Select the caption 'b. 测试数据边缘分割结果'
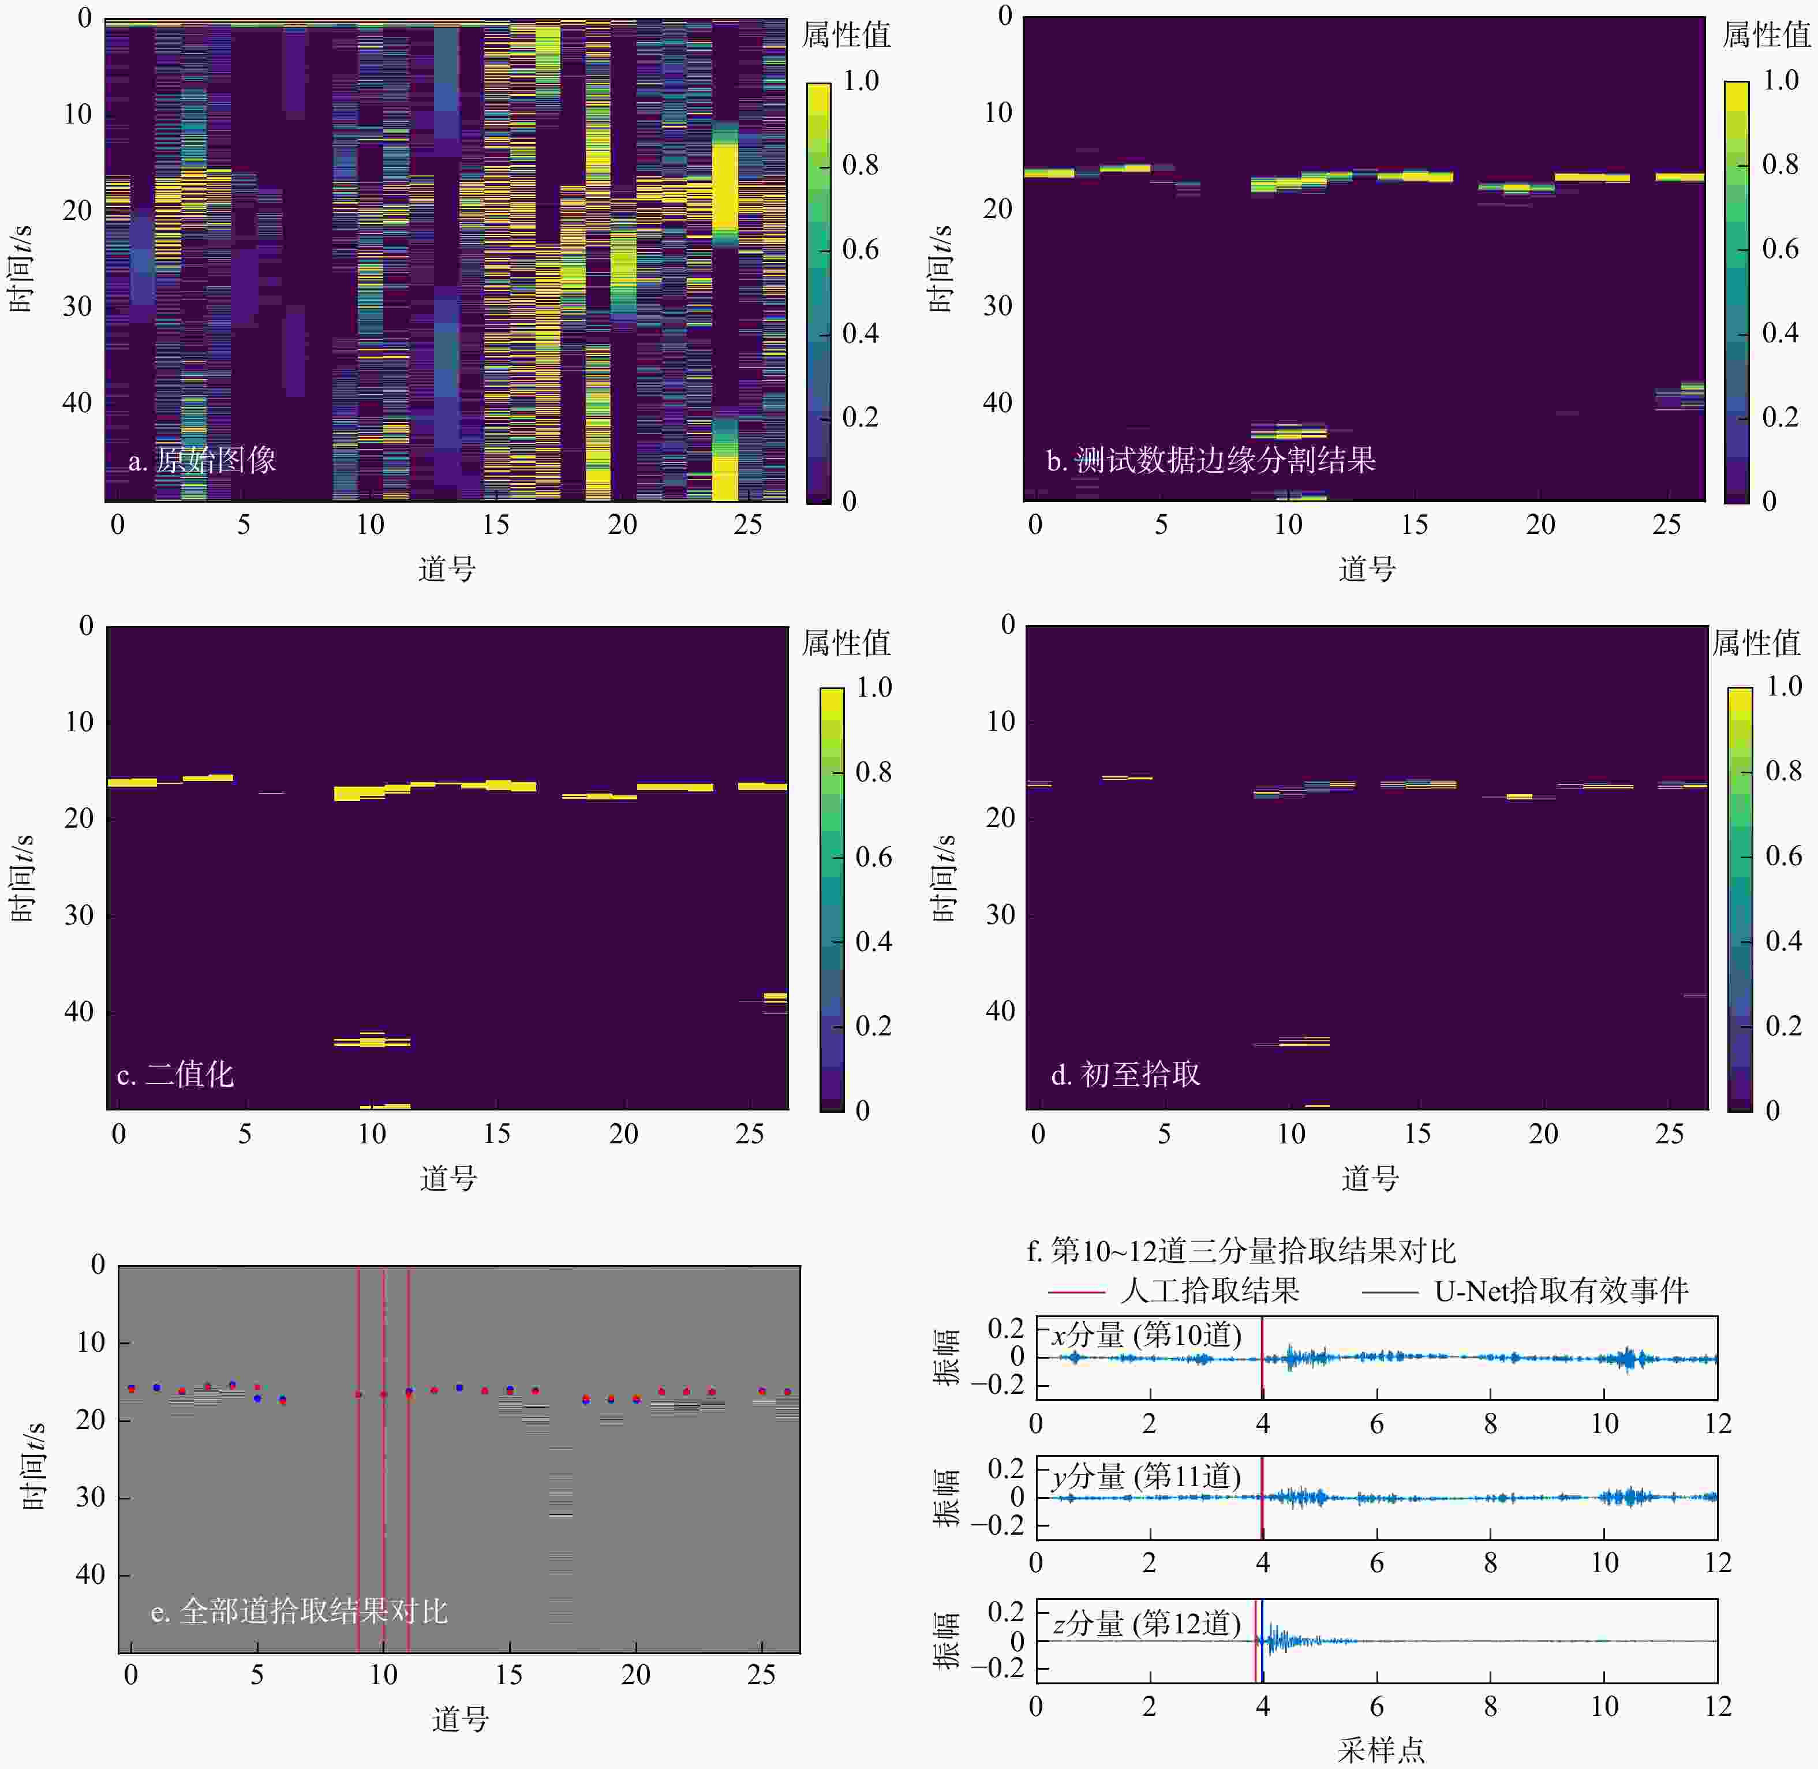pyautogui.click(x=1210, y=460)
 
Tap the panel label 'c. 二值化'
pyautogui.click(x=175, y=1075)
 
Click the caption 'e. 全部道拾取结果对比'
pyautogui.click(x=299, y=1610)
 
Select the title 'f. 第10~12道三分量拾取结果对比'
pyautogui.click(x=1240, y=1251)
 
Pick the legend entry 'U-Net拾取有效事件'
pyautogui.click(x=1561, y=1291)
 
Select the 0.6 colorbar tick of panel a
pyautogui.click(x=860, y=249)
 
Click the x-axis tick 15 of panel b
pyautogui.click(x=1414, y=525)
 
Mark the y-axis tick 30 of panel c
pyautogui.click(x=79, y=915)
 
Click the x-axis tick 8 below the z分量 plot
pyautogui.click(x=1490, y=1706)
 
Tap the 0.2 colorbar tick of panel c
pyautogui.click(x=873, y=1026)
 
